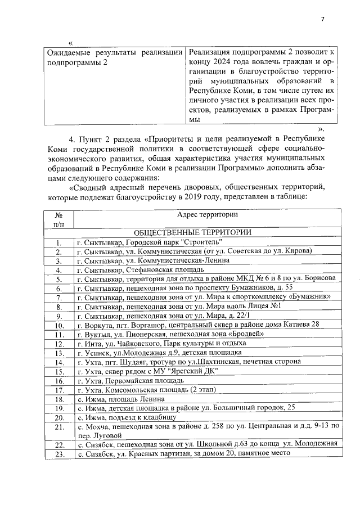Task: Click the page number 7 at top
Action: [x=322, y=19]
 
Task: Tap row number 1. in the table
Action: [x=58, y=242]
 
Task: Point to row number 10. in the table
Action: [x=58, y=325]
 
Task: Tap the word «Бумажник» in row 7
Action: [x=310, y=297]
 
